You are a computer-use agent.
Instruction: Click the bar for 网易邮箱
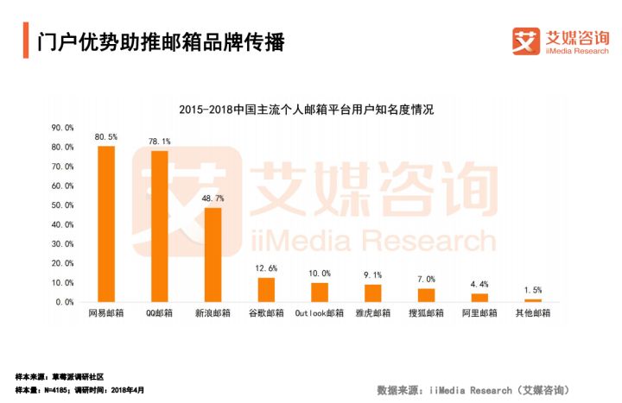coord(106,224)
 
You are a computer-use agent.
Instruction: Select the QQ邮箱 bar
coord(159,227)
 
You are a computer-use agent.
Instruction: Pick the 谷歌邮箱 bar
coord(266,290)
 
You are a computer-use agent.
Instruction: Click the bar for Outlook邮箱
coord(320,293)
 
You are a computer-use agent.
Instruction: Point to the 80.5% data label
coord(106,137)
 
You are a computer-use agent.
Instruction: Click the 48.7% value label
coord(213,198)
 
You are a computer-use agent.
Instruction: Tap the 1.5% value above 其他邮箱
coord(532,291)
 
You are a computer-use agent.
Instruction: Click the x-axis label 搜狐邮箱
coord(426,313)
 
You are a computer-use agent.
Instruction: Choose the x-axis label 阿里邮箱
coord(479,313)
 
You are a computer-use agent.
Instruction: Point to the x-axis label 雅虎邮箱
coord(372,313)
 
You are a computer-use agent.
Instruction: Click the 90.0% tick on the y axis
coord(62,128)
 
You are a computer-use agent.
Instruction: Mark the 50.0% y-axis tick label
coord(62,205)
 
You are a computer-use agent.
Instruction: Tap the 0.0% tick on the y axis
coord(64,302)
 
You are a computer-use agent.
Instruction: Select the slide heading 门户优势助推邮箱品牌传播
coord(161,41)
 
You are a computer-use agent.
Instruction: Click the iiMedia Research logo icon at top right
coord(526,41)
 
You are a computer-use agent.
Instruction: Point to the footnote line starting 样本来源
coord(60,377)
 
